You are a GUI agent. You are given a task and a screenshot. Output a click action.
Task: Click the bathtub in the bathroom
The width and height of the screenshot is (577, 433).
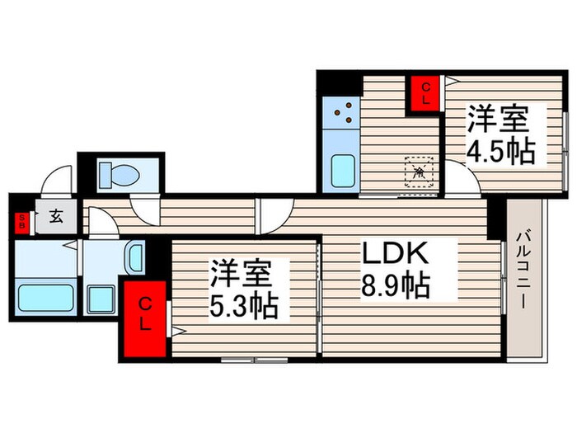tap(46, 294)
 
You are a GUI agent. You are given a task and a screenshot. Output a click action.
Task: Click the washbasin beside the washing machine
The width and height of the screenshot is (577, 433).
tap(134, 257)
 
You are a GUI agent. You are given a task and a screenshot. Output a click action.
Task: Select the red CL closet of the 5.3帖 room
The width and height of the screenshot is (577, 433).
tap(145, 318)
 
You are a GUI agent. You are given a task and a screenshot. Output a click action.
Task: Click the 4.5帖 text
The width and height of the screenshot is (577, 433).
tap(500, 151)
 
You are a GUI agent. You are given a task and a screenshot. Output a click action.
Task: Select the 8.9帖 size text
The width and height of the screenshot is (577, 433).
tap(395, 286)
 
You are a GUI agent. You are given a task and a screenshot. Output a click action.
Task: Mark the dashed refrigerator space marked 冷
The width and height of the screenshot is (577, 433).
tap(419, 172)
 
